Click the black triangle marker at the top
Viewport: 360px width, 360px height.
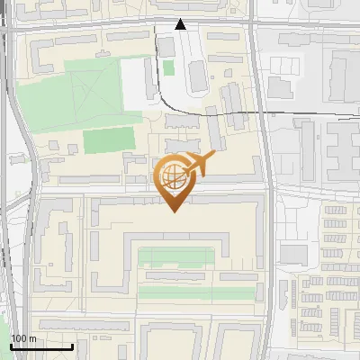click(180, 24)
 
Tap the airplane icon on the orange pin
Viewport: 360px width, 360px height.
click(200, 163)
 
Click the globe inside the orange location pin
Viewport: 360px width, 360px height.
click(174, 176)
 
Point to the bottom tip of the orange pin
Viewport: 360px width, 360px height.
click(174, 211)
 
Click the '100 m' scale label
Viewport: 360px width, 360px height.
click(23, 338)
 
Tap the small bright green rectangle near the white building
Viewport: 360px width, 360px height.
click(168, 67)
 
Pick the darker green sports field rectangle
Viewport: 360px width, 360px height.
click(108, 140)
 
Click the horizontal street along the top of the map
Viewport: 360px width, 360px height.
click(90, 28)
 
